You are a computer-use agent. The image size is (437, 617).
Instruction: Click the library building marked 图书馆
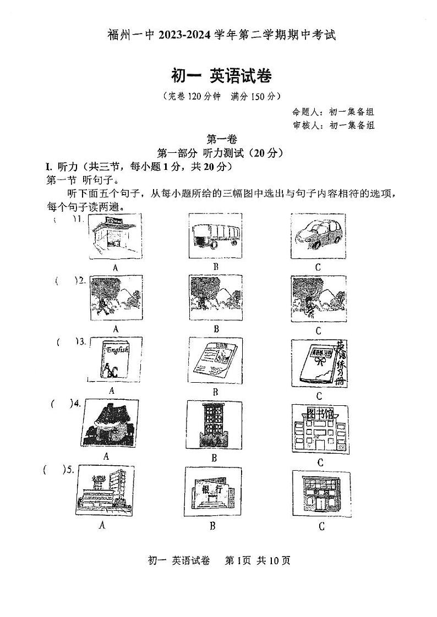319,429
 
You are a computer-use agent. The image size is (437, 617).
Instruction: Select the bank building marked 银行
215,493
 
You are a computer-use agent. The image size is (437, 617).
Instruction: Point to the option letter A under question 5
101,525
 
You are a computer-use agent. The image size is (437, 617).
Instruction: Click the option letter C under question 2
318,330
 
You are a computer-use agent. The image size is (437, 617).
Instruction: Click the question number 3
81,341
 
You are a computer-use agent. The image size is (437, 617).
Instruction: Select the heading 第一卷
220,140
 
